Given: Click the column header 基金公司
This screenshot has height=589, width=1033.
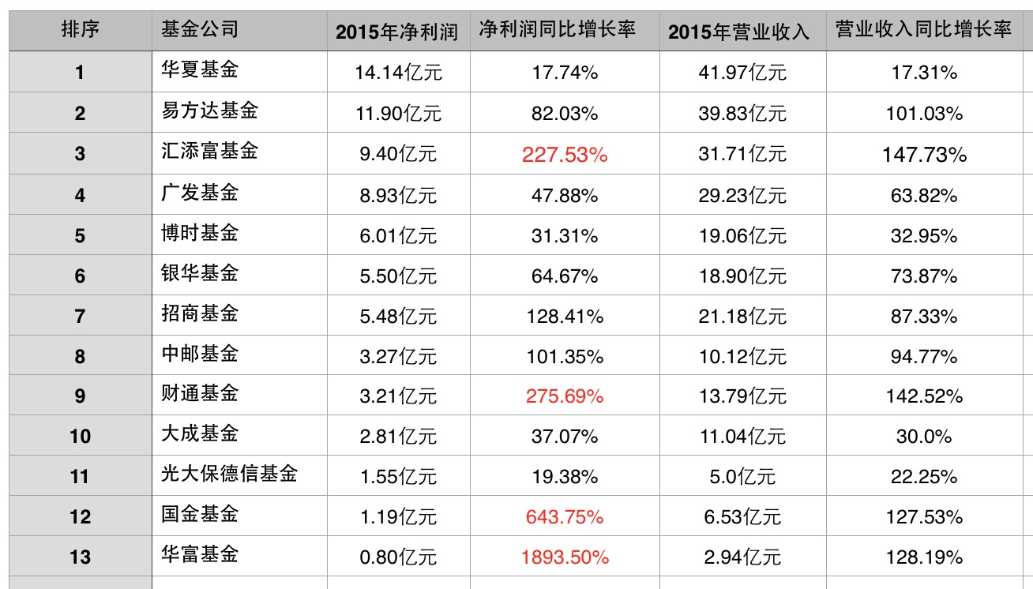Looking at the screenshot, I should point(199,31).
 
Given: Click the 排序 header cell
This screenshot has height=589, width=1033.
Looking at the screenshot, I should point(80,31).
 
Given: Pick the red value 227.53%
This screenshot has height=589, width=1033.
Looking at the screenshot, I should point(565,155).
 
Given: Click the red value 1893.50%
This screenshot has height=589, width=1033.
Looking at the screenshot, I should point(565,557).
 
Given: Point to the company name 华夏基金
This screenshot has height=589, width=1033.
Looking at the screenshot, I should point(199,71).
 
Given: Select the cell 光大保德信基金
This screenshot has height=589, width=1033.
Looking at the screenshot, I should point(229,475).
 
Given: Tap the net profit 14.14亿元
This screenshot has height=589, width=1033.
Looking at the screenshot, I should point(399,73).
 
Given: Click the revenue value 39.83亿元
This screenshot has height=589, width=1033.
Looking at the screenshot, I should point(742,114).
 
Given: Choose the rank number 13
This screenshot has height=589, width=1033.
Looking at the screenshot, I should point(80,557).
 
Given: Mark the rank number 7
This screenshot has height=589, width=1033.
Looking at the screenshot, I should point(80,317).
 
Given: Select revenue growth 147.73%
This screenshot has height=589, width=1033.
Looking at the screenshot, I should point(924,155).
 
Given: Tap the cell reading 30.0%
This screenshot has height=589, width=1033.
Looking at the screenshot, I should point(924,437).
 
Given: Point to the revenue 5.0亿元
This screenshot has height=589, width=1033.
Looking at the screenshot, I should point(742,477).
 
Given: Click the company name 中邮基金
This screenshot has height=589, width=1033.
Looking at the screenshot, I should point(199,354).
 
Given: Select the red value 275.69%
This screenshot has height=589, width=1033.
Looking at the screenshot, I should point(565,396).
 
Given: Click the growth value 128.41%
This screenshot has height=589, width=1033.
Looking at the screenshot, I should point(565,317).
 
